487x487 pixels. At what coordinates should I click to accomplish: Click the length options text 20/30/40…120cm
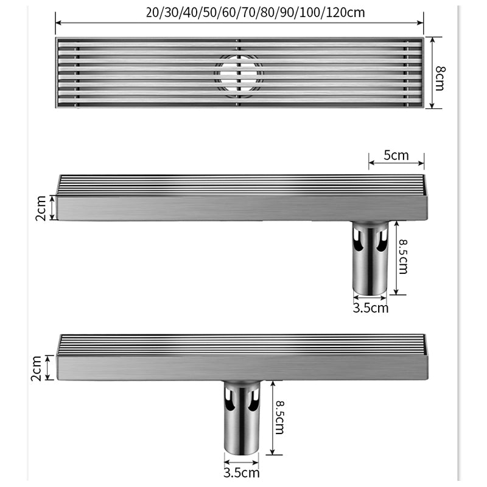tap(239, 10)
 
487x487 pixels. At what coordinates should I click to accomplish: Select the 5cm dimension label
tap(396, 155)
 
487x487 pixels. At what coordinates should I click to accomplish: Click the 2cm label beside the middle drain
tap(40, 208)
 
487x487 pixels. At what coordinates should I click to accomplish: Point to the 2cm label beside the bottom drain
tap(36, 368)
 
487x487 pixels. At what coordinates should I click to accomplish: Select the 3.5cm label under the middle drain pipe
tap(370, 307)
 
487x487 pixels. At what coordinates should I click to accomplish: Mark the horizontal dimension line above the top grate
tap(239, 23)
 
